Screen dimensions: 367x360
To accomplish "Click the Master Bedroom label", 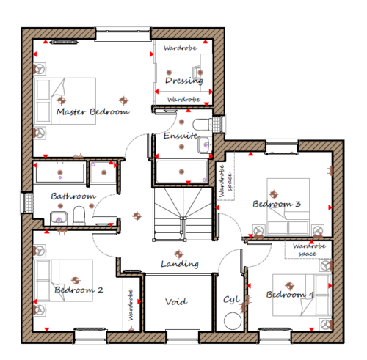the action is (x=93, y=112).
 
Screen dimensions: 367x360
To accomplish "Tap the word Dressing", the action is (x=184, y=81).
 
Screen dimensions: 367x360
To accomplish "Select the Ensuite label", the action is (x=181, y=136).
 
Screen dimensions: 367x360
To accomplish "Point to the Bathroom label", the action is (x=73, y=196).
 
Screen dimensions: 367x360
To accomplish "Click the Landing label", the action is (x=180, y=264).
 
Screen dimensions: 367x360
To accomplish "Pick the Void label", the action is (x=176, y=301).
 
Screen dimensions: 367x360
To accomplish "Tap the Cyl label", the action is (x=231, y=300).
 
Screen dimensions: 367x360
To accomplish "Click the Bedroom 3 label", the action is (x=277, y=204).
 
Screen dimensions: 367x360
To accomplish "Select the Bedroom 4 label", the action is (x=290, y=295).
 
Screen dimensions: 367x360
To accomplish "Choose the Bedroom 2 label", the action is (x=79, y=290).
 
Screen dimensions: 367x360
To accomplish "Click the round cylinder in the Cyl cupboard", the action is (x=233, y=321).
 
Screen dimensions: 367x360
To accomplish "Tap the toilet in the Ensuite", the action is (x=203, y=125).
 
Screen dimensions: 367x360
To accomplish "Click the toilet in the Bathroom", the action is (x=79, y=216).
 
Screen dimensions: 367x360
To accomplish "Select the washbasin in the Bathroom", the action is (x=59, y=218).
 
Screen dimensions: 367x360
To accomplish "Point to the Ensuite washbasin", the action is (x=203, y=145).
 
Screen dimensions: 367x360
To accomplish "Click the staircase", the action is (x=182, y=214).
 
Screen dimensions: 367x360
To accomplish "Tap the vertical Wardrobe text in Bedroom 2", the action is (x=131, y=305).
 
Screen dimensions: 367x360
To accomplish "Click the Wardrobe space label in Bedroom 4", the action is (x=309, y=249).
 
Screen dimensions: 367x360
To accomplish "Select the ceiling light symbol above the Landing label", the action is (x=179, y=254).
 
